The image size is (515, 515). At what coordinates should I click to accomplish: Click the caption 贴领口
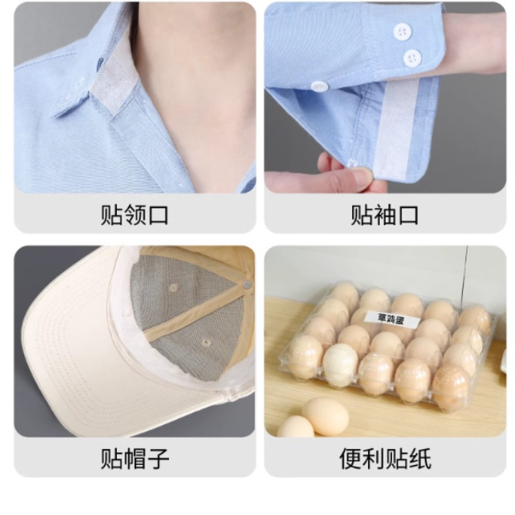pyautogui.click(x=135, y=215)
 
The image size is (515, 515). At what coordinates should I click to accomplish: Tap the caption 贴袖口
pyautogui.click(x=384, y=215)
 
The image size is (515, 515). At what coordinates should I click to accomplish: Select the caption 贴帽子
pyautogui.click(x=135, y=459)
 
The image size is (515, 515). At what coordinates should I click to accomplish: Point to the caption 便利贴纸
pyautogui.click(x=385, y=459)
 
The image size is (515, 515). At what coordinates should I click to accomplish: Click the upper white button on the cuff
pyautogui.click(x=403, y=32)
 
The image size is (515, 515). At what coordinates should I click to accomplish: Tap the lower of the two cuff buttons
pyautogui.click(x=413, y=58)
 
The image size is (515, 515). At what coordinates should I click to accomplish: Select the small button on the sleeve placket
pyautogui.click(x=320, y=87)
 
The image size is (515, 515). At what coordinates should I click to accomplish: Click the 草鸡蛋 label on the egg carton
pyautogui.click(x=392, y=318)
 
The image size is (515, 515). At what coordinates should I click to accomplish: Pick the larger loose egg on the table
pyautogui.click(x=325, y=416)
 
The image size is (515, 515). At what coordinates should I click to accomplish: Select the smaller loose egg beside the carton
pyautogui.click(x=296, y=427)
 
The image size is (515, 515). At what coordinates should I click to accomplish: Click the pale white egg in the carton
pyautogui.click(x=340, y=364)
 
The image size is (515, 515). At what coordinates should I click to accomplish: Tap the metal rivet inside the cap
pyautogui.click(x=247, y=284)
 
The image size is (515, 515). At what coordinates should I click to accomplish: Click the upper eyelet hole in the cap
pyautogui.click(x=173, y=287)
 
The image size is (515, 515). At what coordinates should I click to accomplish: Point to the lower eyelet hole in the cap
pyautogui.click(x=206, y=343)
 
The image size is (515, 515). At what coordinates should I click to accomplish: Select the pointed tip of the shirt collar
pyautogui.click(x=56, y=115)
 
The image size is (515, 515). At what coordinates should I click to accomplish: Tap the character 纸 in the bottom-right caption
pyautogui.click(x=420, y=459)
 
